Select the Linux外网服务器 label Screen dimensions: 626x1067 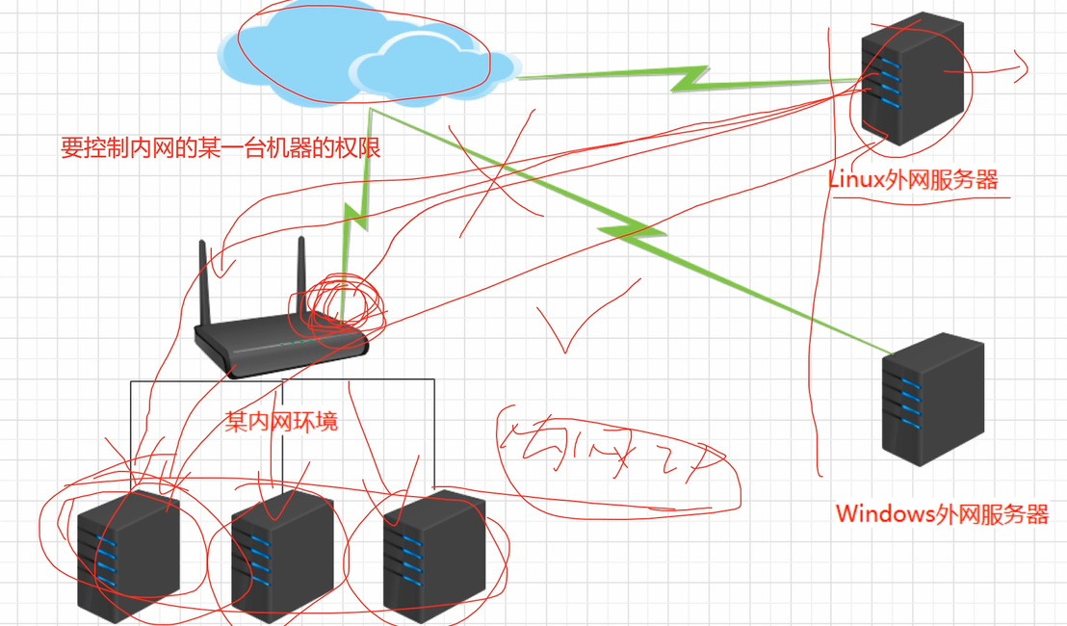coord(912,179)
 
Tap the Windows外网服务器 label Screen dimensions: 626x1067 coord(941,513)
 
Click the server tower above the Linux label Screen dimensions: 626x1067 coord(911,79)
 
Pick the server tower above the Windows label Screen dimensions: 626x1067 coord(933,400)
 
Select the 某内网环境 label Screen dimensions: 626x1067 coord(281,422)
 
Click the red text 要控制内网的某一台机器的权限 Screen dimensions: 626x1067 coord(221,148)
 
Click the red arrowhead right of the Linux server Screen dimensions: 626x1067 coord(1018,66)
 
